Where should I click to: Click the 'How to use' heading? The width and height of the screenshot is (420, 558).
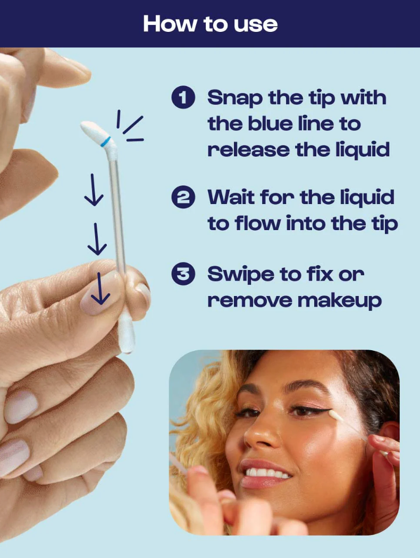tap(210, 24)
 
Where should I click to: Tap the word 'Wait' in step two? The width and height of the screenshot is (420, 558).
tap(231, 197)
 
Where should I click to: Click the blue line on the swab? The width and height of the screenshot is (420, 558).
tap(107, 142)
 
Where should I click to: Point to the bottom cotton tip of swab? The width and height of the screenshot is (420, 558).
tap(126, 334)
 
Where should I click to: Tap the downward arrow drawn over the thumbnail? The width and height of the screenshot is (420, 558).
tap(100, 289)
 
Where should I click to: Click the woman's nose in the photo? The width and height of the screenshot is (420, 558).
tap(261, 436)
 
